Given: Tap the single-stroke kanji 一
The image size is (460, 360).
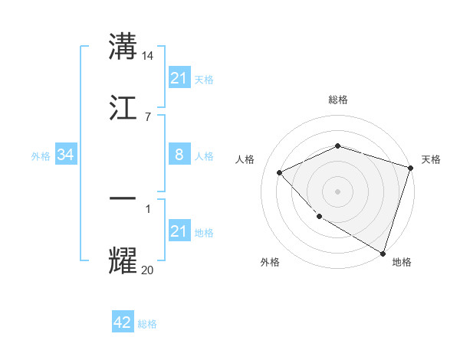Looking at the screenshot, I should point(123,198).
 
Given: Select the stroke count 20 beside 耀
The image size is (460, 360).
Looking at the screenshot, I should point(148,270).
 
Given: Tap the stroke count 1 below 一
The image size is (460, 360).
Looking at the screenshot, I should point(147,208).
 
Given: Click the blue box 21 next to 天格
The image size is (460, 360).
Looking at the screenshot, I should point(179,78).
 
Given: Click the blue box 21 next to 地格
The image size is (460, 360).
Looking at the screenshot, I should point(179,231).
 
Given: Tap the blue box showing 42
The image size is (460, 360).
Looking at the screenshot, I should point(123,322).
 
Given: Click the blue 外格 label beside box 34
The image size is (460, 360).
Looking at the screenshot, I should point(41,156).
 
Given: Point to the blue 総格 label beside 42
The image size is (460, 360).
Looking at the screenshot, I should point(147,324).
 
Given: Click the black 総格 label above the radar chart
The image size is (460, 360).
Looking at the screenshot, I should point(338,100).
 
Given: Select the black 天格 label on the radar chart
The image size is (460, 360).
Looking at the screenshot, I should point(431,159).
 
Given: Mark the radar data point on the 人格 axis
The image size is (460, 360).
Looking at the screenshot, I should point(280,172).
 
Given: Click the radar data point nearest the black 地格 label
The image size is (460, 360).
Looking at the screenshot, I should point(383,252).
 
